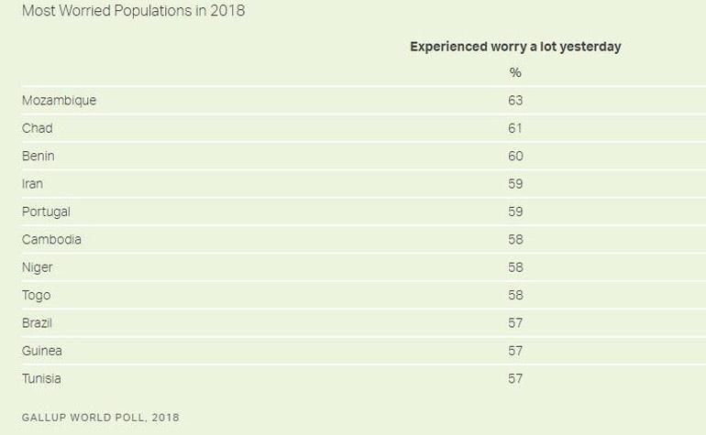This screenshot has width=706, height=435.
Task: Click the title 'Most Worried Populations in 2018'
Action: [133, 12]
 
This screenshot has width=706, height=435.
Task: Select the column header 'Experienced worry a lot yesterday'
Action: [515, 47]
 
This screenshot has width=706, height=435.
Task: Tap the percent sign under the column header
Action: [515, 72]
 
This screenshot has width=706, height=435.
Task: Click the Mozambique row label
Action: [59, 101]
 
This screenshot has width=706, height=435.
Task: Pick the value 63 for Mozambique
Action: [515, 101]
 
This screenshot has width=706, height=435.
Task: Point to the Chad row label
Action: [38, 128]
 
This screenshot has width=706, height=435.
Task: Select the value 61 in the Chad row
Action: [515, 128]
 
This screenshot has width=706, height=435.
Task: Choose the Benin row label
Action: [39, 156]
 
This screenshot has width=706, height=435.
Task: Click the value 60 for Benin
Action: [515, 156]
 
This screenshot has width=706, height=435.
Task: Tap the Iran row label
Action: [32, 184]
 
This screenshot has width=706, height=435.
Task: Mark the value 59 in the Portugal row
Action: [515, 212]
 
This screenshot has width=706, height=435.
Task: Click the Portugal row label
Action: [46, 212]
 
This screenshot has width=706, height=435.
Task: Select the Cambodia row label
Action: [51, 240]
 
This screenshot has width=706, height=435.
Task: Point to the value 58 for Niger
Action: [515, 267]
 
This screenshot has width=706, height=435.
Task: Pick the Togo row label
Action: [37, 295]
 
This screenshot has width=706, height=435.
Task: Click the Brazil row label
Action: [38, 323]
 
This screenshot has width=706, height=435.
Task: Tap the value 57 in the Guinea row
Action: [515, 351]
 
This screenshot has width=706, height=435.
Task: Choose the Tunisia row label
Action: [42, 378]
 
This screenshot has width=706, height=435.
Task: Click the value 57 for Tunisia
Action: [515, 378]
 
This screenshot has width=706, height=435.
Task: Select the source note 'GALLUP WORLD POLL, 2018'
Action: [101, 418]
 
